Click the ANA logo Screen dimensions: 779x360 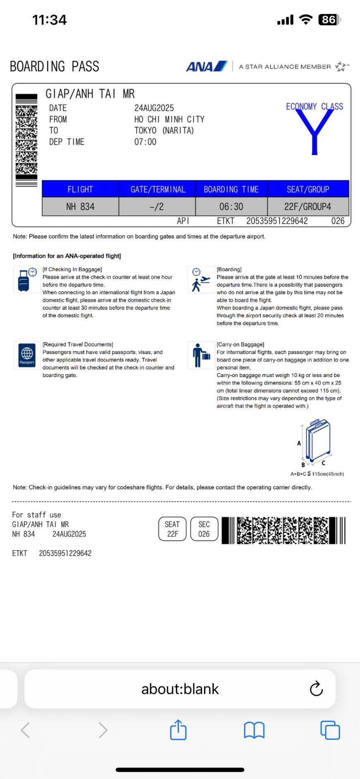[x=206, y=66]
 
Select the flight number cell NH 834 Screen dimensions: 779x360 [x=80, y=206]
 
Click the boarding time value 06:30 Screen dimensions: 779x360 [x=231, y=206]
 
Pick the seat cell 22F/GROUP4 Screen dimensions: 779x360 [x=307, y=206]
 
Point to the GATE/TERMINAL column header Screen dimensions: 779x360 [x=158, y=189]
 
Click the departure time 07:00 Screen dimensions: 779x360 [x=145, y=142]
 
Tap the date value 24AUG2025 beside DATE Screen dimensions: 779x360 [x=154, y=108]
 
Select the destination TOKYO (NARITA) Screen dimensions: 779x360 [x=164, y=131]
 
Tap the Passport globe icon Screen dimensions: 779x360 [x=27, y=355]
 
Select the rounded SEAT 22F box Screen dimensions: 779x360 [x=172, y=529]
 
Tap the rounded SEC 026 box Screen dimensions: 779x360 [x=204, y=529]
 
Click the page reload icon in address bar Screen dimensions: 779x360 [x=316, y=689]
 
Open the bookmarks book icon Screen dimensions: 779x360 [x=254, y=730]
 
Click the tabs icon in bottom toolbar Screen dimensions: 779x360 [x=330, y=730]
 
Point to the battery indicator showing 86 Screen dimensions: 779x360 [x=329, y=20]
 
